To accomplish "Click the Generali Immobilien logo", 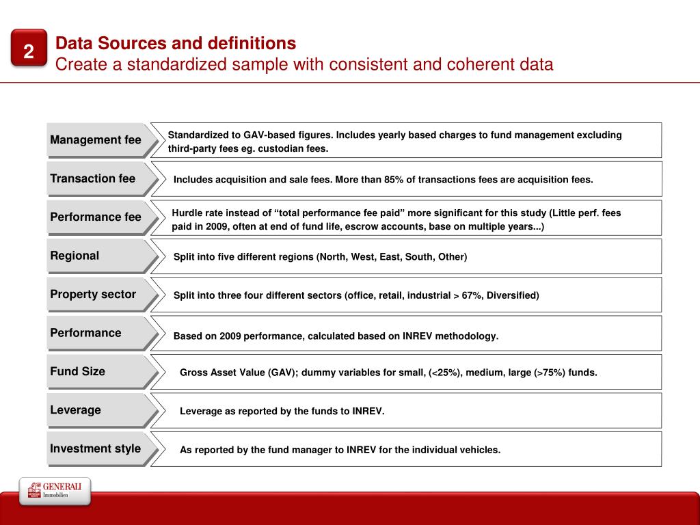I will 55,491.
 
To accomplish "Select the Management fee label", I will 96,140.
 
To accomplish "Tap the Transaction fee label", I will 93,178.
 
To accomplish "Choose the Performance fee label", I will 96,217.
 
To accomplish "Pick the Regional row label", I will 75,256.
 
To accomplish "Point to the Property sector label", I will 93,295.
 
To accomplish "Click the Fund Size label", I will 78,371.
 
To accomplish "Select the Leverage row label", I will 75,410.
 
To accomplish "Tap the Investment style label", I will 96,448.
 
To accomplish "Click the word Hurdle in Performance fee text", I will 188,213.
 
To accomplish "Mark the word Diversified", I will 513,295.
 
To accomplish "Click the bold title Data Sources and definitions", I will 176,44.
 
